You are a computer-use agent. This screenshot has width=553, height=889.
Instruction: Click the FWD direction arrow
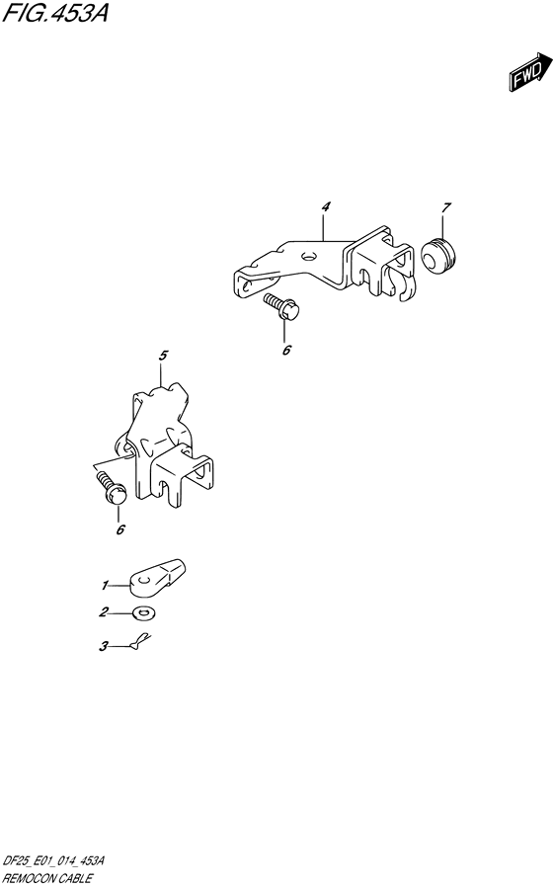point(529,71)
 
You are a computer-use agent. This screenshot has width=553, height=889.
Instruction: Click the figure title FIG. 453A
point(55,13)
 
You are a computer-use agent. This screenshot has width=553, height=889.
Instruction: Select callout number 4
point(325,207)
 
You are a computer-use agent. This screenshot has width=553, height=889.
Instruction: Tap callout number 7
point(446,207)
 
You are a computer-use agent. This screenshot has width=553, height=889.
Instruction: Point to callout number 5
point(163,356)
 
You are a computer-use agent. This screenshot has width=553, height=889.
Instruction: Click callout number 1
point(105,585)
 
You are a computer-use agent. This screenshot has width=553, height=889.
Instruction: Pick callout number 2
point(104,612)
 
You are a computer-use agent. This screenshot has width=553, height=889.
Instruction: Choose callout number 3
point(104,646)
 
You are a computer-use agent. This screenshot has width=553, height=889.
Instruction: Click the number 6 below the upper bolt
point(286,351)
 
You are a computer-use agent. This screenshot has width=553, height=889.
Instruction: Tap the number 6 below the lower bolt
point(120,530)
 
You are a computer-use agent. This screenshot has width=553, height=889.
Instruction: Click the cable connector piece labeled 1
point(158,576)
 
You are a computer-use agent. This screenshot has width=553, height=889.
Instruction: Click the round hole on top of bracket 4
point(308,258)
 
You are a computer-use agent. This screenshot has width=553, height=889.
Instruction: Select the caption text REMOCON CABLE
point(47,879)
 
